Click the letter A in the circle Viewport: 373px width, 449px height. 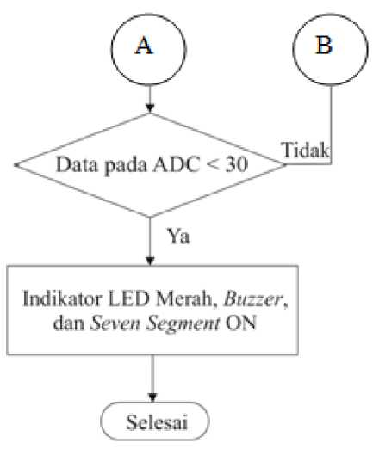click(144, 46)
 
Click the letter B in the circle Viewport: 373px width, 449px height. click(324, 45)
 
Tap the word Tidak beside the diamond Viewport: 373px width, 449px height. click(306, 150)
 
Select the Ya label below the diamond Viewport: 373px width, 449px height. click(178, 237)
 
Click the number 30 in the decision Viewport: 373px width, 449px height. click(237, 164)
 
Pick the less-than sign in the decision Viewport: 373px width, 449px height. click(213, 165)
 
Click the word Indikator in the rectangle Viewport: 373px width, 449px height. click(62, 298)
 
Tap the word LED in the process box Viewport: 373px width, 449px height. click(128, 298)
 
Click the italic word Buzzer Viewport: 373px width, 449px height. click(253, 299)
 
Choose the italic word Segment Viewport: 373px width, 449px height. click(183, 324)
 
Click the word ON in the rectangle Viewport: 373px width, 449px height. click(240, 323)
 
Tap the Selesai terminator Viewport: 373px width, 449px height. click(155, 421)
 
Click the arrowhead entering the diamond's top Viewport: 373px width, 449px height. click(150, 108)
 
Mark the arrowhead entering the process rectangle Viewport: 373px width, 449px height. click(150, 261)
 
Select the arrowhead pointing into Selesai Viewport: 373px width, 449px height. click(152, 397)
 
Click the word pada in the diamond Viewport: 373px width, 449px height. click(126, 166)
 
